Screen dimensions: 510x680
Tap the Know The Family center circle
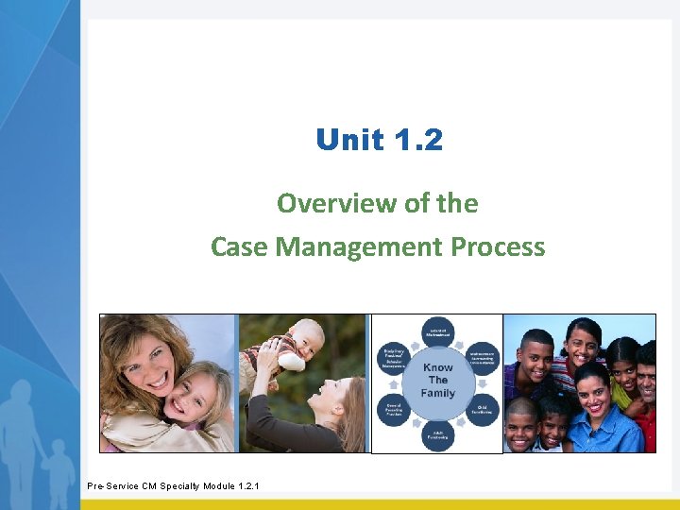(437, 380)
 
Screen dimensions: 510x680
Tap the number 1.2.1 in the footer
(244, 486)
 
